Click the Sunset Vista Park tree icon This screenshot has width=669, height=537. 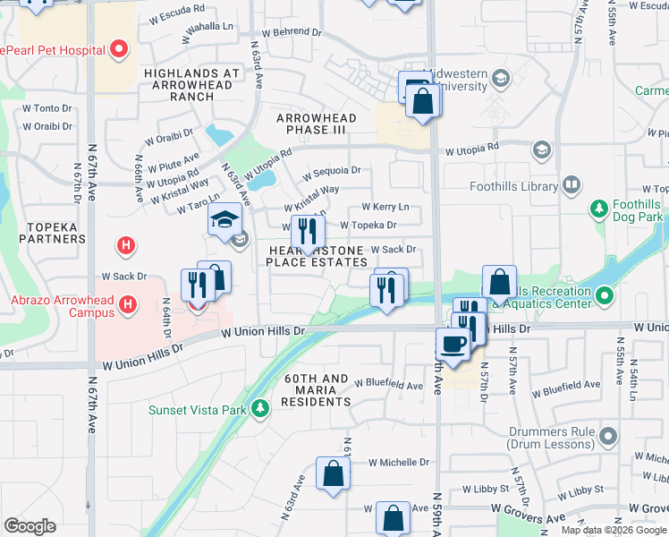pos(260,409)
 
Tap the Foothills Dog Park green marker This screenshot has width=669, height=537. pos(598,209)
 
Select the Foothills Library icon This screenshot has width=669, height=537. pos(572,186)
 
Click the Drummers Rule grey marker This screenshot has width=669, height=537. pos(609,437)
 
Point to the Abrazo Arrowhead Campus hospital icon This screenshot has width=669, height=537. pos(129,305)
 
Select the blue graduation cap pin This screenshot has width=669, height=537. pos(224,220)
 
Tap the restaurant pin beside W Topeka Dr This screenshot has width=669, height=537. pos(308,232)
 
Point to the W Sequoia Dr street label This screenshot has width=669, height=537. pos(331,170)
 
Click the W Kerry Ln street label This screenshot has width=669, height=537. pos(385,207)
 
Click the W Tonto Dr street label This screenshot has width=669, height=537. pos(47,107)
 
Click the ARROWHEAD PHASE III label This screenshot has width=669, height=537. pos(316,124)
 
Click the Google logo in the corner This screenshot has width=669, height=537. pos(30,526)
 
